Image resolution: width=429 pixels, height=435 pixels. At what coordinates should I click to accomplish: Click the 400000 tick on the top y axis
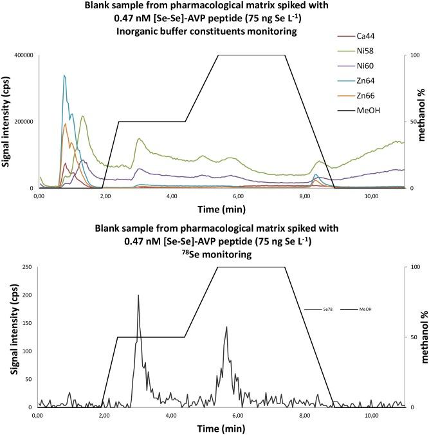pos(21,55)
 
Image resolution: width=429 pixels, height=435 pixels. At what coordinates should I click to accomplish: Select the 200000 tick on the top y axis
pos(21,122)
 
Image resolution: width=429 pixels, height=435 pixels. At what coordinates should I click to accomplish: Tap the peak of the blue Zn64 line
pos(64,75)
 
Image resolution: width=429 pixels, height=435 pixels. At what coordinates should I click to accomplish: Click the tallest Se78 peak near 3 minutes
pos(138,295)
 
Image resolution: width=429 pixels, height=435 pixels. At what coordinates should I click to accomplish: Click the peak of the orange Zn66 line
pos(65,124)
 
